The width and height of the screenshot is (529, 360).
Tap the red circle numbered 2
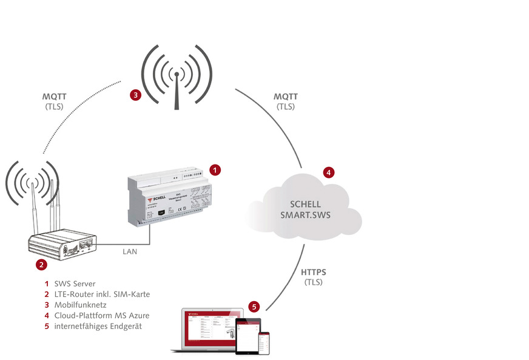click(x=41, y=265)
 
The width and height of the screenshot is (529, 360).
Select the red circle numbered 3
click(x=136, y=95)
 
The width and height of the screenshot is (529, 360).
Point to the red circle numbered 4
click(x=328, y=172)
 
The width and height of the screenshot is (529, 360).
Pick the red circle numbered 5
click(x=255, y=307)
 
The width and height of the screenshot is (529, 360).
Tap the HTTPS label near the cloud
click(x=314, y=272)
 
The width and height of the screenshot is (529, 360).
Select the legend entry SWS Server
click(x=75, y=284)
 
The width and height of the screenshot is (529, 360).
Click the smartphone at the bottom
click(x=264, y=344)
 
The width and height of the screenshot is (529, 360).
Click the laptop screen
click(x=209, y=328)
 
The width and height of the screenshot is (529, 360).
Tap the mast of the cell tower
click(x=177, y=91)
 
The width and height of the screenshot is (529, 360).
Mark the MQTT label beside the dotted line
click(x=55, y=97)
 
